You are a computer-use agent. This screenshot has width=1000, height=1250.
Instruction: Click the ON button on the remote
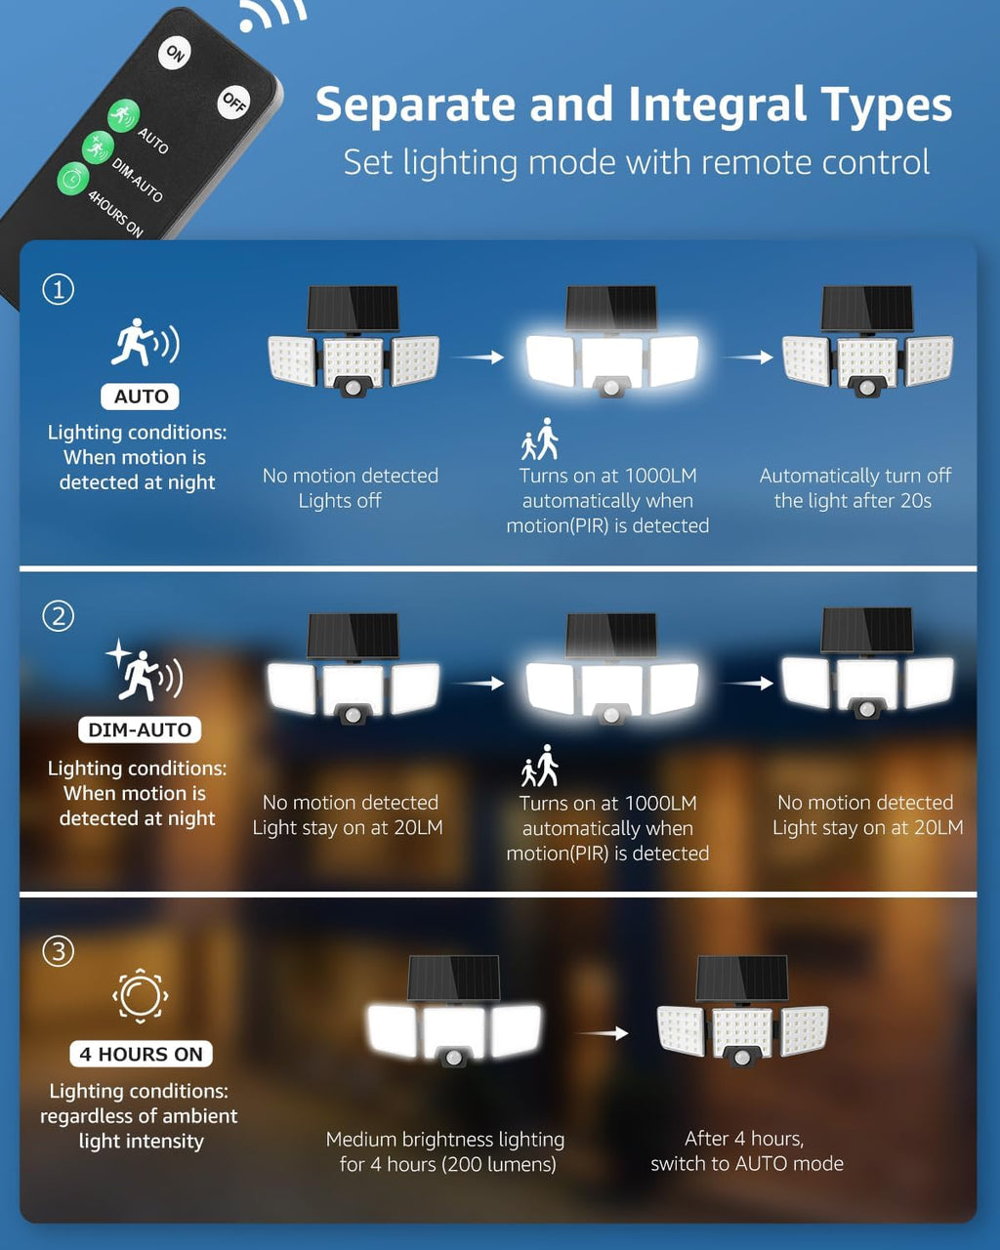click(x=175, y=53)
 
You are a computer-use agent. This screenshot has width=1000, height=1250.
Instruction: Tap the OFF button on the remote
click(x=233, y=101)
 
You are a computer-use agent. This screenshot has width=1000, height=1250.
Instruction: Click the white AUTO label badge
click(x=141, y=396)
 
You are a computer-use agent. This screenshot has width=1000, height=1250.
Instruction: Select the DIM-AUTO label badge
click(x=140, y=730)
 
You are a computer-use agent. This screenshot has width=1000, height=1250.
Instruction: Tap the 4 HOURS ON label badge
click(x=141, y=1054)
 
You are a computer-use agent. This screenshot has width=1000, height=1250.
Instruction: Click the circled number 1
click(x=59, y=290)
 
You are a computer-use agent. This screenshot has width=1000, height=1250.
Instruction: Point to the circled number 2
click(x=59, y=616)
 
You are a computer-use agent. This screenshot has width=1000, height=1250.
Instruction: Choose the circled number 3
click(x=59, y=951)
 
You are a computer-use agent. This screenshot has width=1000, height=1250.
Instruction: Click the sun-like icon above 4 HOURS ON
click(x=141, y=996)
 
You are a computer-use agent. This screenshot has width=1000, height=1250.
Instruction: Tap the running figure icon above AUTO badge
click(x=144, y=343)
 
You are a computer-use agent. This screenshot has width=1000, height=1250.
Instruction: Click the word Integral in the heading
click(x=719, y=105)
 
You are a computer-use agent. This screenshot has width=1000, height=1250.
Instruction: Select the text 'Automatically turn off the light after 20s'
click(x=854, y=488)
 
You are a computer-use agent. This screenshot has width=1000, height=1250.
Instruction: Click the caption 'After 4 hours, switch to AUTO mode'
click(x=746, y=1150)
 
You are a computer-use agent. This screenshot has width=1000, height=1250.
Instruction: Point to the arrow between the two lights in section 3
click(x=602, y=1033)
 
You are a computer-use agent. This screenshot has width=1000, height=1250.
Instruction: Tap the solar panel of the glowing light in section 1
click(x=611, y=309)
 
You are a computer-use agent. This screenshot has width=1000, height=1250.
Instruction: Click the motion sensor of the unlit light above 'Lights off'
click(x=353, y=388)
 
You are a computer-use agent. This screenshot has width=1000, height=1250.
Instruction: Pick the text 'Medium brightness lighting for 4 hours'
click(x=445, y=1151)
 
